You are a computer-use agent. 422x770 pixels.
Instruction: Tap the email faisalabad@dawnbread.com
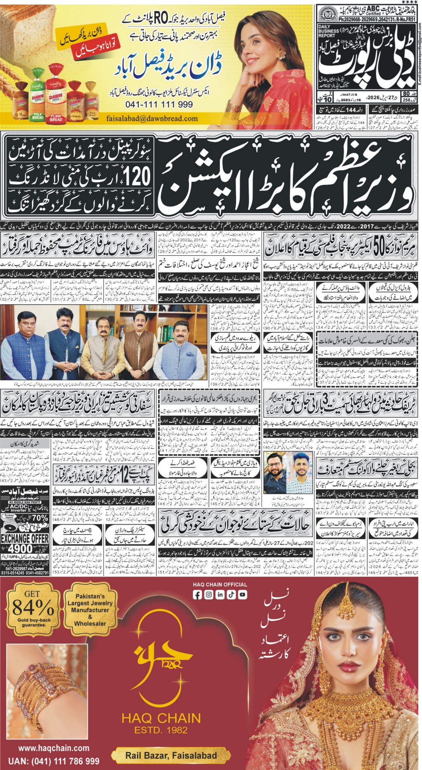pyautogui.click(x=152, y=119)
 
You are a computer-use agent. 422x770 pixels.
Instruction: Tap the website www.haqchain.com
pyautogui.click(x=54, y=748)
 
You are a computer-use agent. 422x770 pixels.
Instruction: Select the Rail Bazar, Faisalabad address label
pyautogui.click(x=171, y=756)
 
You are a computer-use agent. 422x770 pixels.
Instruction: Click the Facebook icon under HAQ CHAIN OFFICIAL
pyautogui.click(x=198, y=594)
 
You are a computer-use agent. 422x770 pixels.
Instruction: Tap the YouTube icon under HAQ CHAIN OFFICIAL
pyautogui.click(x=242, y=594)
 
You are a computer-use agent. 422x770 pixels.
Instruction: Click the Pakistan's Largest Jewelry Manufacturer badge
pyautogui.click(x=90, y=610)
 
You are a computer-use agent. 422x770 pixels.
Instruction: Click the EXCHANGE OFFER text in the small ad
pyautogui.click(x=25, y=538)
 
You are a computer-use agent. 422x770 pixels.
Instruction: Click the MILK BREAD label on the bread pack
pyautogui.click(x=38, y=117)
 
